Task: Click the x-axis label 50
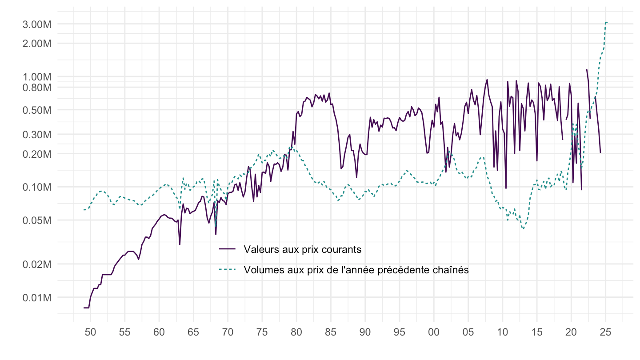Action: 90,332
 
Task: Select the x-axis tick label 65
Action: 193,332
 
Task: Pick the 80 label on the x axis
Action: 296,332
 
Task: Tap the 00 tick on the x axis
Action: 434,332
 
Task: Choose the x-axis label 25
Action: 605,332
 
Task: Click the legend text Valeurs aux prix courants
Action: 302,249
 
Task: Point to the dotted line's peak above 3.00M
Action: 606,22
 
